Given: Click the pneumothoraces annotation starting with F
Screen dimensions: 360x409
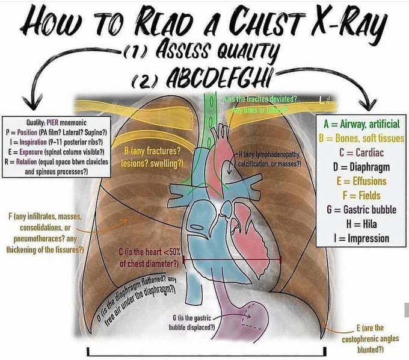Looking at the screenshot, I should (46, 232).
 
